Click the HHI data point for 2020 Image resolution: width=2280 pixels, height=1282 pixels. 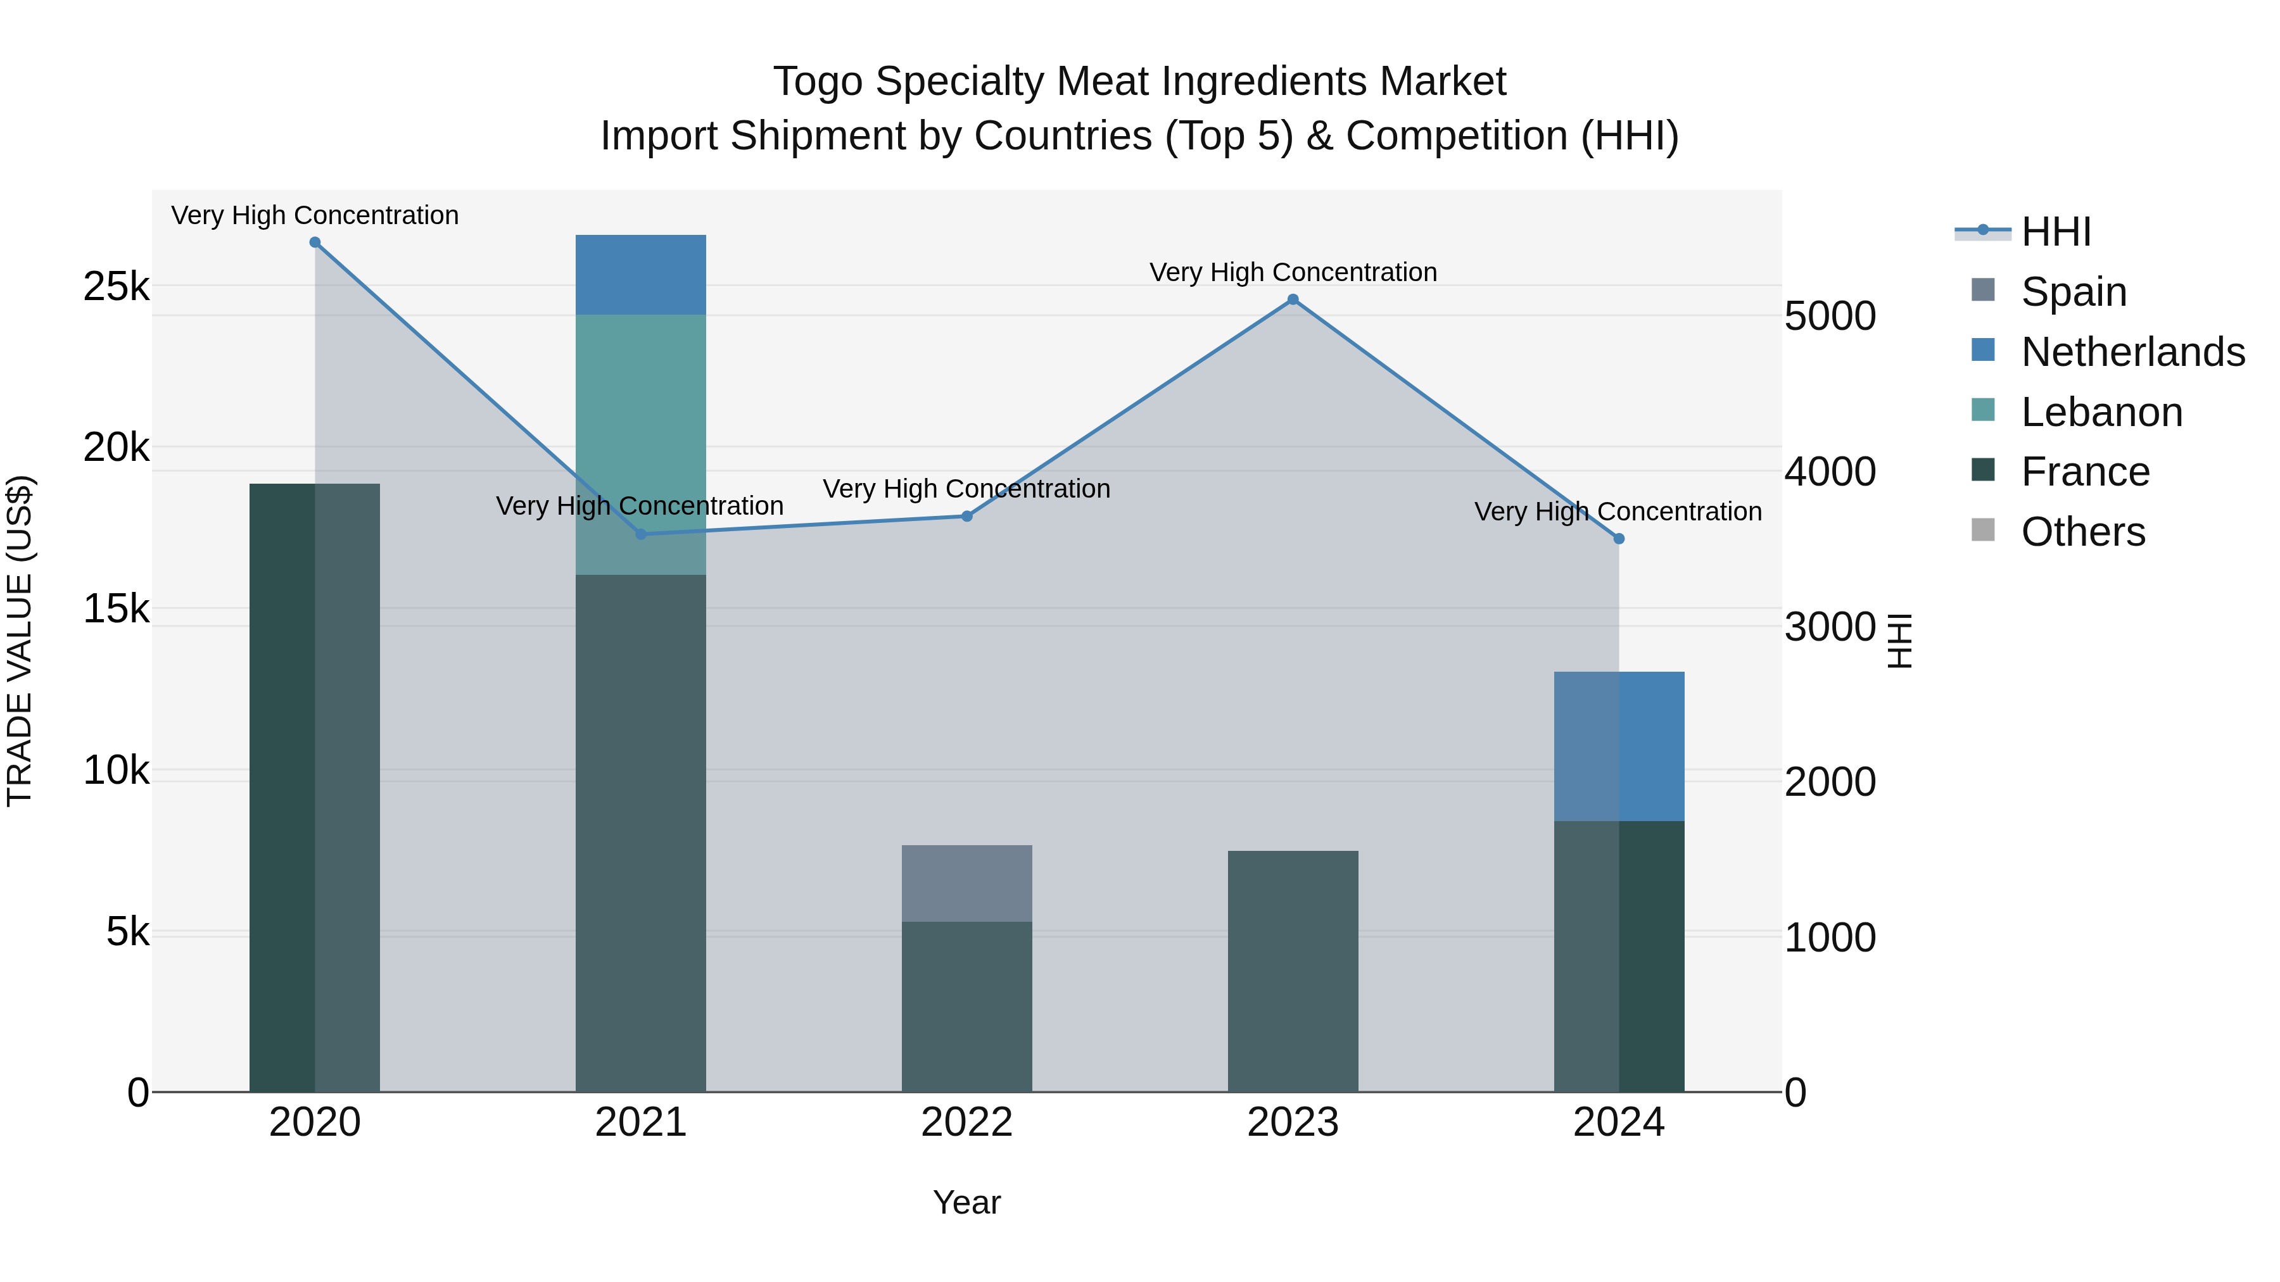pos(315,242)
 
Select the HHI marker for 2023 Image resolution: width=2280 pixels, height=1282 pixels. pos(1293,300)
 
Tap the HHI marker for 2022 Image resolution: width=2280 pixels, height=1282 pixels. pos(967,516)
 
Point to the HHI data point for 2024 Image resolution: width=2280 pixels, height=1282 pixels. pos(1619,539)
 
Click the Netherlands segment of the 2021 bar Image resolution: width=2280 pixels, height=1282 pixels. pos(641,274)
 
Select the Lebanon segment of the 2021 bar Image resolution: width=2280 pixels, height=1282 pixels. pos(641,443)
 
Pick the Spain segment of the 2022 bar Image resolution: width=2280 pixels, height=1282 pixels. pos(967,883)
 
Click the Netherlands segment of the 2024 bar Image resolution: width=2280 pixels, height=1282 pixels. pos(1619,746)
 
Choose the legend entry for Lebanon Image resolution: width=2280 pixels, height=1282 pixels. pos(2102,412)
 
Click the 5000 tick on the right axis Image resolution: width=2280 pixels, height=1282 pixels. pos(1830,317)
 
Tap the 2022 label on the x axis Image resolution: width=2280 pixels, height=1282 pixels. pos(967,1122)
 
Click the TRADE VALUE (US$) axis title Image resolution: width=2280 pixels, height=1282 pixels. pos(20,641)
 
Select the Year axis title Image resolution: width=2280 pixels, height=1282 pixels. pos(967,1202)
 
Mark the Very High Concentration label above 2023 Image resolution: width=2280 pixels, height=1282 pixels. pos(1293,272)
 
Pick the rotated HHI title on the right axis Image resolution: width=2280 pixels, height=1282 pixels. pos(1899,641)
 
